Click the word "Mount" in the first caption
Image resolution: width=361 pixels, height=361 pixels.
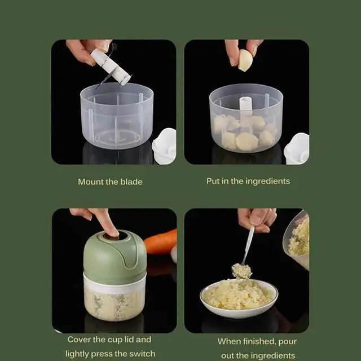[x=90, y=182]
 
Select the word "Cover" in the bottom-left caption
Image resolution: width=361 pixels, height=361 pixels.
[x=80, y=340]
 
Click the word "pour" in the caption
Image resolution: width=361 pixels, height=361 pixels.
[x=287, y=342]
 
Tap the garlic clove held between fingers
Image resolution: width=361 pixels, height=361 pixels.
[x=245, y=60]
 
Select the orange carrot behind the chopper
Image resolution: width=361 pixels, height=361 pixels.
[x=161, y=241]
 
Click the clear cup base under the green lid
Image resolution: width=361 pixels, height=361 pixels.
[x=115, y=299]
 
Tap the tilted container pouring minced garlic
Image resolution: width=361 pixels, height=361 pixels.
[x=298, y=240]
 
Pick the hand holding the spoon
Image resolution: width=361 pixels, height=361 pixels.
[x=257, y=219]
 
